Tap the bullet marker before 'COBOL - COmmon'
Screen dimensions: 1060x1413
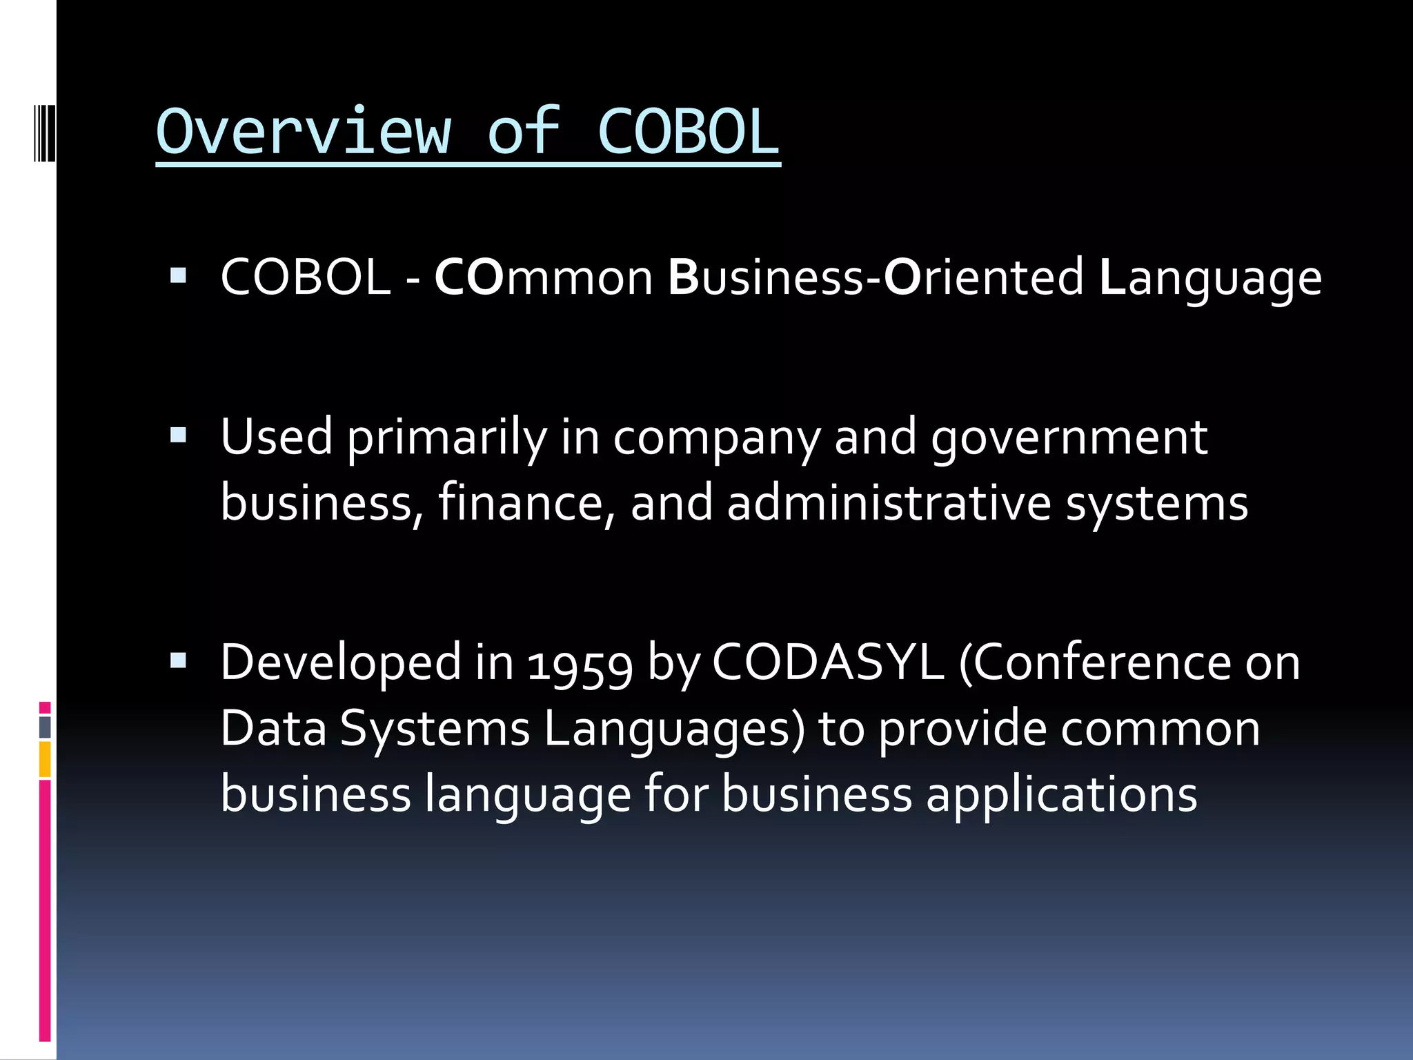(x=178, y=277)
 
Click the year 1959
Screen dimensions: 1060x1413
(x=580, y=664)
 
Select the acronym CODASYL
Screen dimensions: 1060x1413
(x=827, y=662)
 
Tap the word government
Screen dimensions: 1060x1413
(x=1069, y=438)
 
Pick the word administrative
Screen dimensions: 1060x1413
(x=889, y=502)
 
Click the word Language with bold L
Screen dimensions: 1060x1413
(x=1210, y=278)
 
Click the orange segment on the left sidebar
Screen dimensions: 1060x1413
(x=45, y=759)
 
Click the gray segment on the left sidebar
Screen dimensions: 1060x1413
(x=45, y=727)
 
